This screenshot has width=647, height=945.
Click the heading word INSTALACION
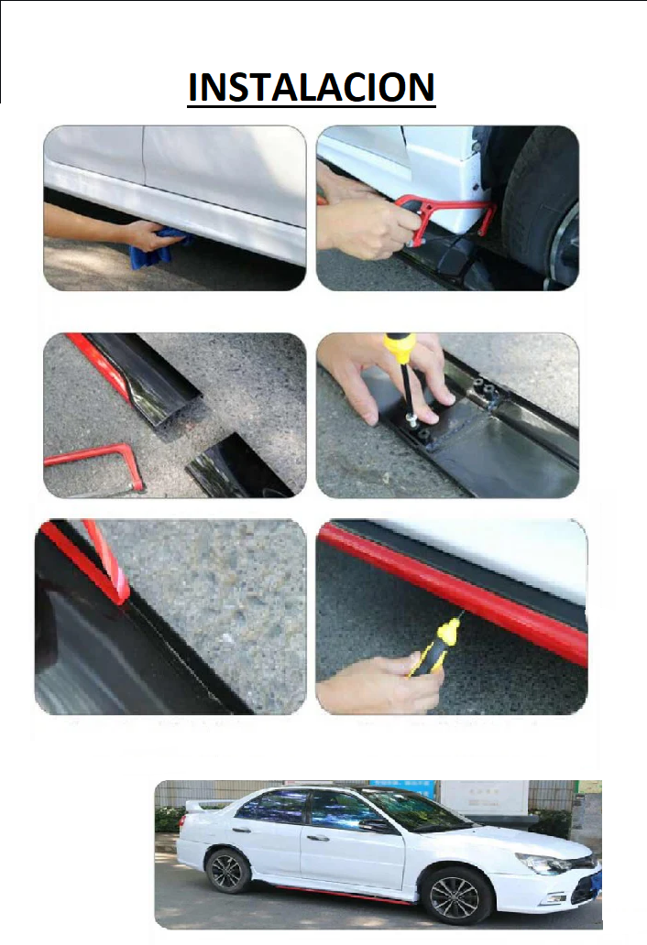point(312,87)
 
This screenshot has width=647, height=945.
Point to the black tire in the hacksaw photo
point(541,205)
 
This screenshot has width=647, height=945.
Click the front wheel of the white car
point(455,896)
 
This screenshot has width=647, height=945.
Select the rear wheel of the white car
point(228,870)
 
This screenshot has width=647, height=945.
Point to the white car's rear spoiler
point(202,805)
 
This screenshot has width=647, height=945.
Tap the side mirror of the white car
point(381,824)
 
